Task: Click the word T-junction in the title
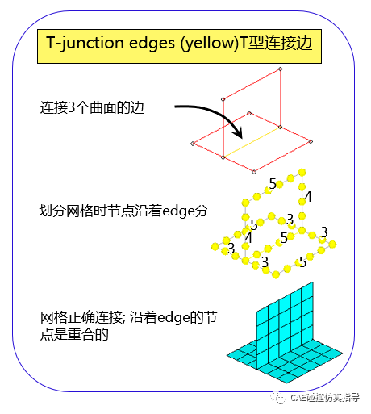click(x=85, y=43)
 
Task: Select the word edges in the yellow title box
click(x=152, y=44)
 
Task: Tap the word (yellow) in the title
click(x=210, y=44)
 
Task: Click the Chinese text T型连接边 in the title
click(x=276, y=43)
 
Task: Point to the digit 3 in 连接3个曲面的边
click(x=72, y=107)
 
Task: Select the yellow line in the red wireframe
click(x=252, y=142)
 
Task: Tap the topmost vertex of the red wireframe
click(x=280, y=69)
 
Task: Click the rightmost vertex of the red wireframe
click(x=311, y=141)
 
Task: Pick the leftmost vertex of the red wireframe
click(x=193, y=144)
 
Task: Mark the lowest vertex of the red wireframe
click(x=254, y=172)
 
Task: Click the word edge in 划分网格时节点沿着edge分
click(x=178, y=211)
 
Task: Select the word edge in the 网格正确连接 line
click(x=173, y=318)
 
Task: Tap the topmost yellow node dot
click(x=302, y=172)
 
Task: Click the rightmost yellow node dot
click(x=332, y=245)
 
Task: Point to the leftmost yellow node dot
click(x=215, y=246)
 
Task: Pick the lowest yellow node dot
click(x=276, y=274)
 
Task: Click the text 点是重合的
click(x=74, y=334)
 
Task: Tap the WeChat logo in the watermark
click(x=278, y=397)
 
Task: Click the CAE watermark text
click(x=325, y=398)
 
